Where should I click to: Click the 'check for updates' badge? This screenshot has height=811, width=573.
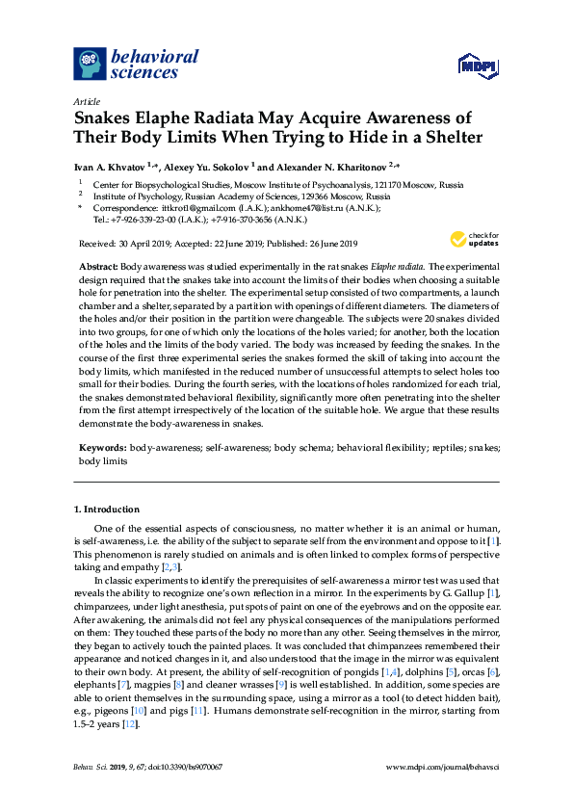[473, 239]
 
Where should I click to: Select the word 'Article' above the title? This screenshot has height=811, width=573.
[88, 101]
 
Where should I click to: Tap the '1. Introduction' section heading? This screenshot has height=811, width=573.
[106, 510]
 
